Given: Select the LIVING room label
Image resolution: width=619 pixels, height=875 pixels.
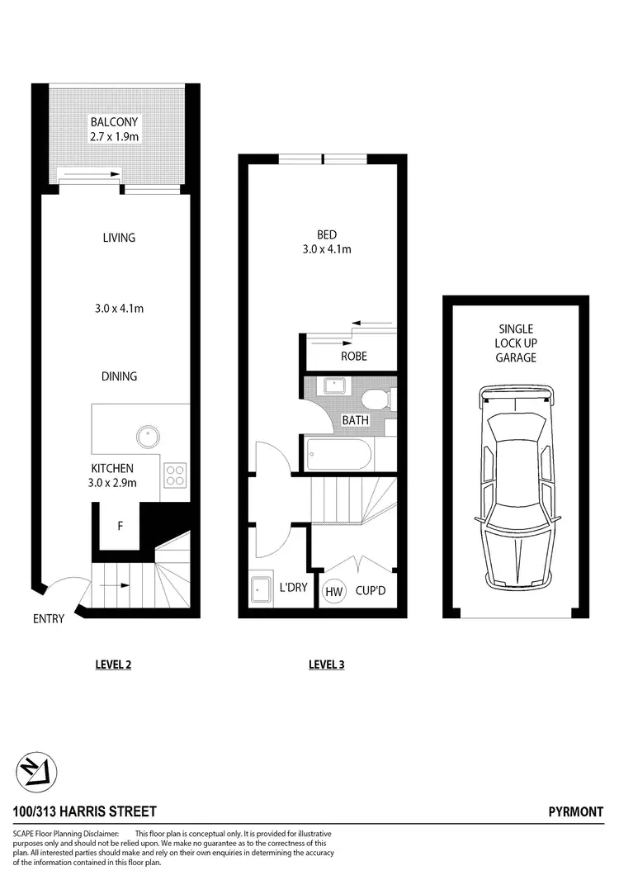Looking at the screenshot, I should point(119,238).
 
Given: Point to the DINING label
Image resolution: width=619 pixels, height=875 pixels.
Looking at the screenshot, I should point(119,376).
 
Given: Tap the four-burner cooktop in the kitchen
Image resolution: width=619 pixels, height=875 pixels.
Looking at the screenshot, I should point(176,474).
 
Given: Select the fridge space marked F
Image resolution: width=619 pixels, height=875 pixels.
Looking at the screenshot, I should point(120,525).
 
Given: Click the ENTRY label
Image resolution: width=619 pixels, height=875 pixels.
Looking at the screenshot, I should point(50,618).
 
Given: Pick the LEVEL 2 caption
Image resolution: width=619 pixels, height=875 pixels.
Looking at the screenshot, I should point(113,665).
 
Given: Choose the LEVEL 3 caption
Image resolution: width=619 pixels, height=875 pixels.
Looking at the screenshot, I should point(326,665).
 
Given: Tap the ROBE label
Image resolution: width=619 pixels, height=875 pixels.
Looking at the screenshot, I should point(353,357).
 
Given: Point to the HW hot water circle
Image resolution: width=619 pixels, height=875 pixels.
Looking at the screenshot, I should point(334,591).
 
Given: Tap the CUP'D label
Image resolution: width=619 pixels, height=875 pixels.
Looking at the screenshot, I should point(371,591).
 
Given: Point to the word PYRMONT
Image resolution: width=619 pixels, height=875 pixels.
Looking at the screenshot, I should point(576,812).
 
